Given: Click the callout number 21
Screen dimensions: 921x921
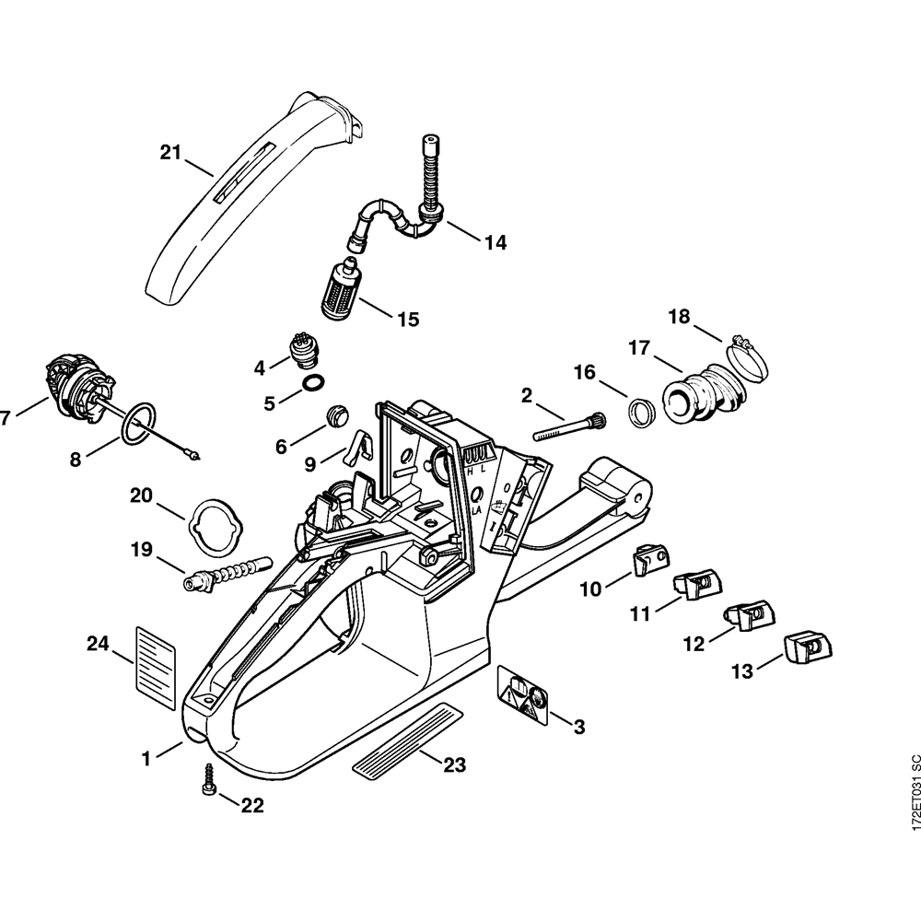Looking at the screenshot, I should pos(170,153).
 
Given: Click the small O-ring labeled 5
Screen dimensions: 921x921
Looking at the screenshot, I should pos(313,382).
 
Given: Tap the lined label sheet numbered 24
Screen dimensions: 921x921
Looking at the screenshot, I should pos(156,668).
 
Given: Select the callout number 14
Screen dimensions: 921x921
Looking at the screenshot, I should pos(495,243).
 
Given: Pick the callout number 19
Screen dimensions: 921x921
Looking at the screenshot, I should pos(141,550).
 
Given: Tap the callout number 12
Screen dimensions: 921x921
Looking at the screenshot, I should pos(694,644).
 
